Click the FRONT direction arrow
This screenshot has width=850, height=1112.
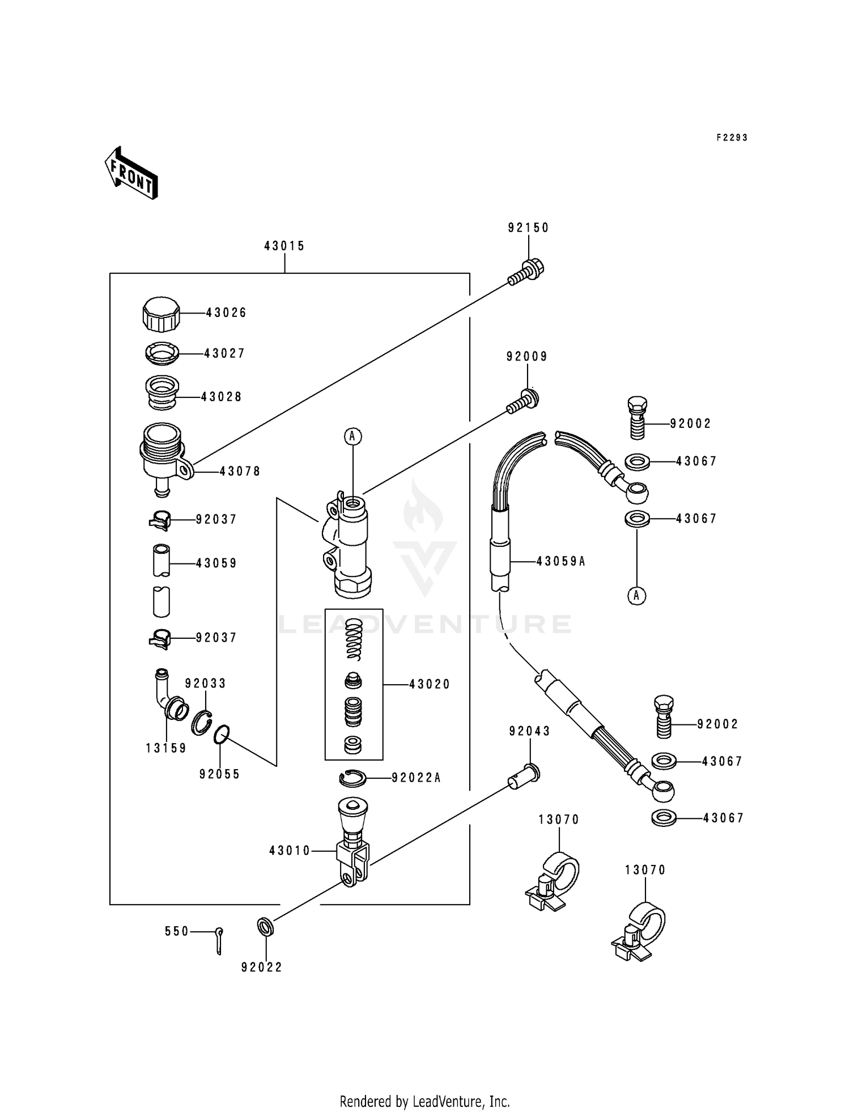click(x=131, y=173)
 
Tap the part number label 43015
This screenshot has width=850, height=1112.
click(x=284, y=246)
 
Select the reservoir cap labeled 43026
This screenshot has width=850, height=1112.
click(x=161, y=314)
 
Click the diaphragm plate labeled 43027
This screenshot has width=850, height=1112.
click(x=161, y=354)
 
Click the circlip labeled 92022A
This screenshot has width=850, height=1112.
click(x=353, y=779)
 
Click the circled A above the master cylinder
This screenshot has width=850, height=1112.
click(x=352, y=436)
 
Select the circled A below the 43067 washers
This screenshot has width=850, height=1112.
click(x=636, y=595)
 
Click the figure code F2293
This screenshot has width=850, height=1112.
click(x=732, y=138)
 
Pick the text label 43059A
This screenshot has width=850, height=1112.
click(x=560, y=561)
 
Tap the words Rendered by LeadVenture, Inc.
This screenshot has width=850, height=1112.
click(x=424, y=1101)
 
